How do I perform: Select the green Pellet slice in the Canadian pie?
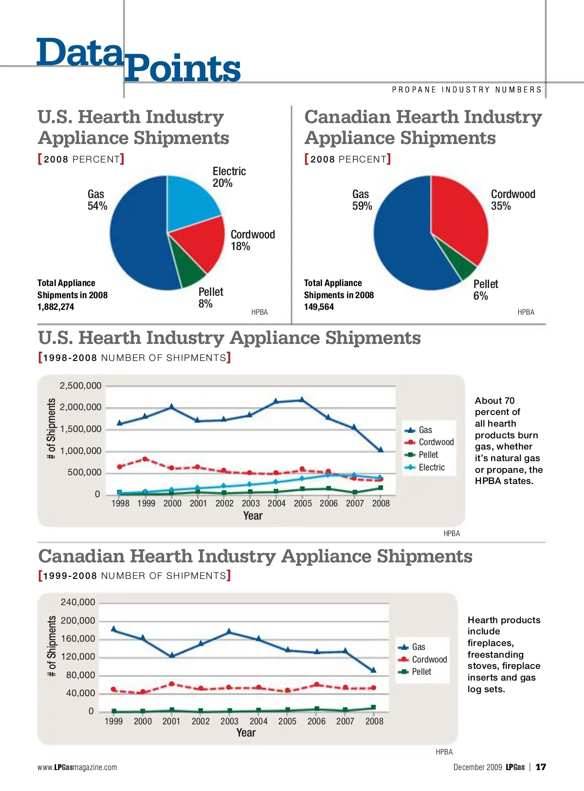(467, 268)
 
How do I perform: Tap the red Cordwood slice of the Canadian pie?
(460, 219)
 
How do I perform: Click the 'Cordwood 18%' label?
(252, 240)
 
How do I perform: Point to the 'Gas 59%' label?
(362, 200)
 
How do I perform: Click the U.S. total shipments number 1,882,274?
(56, 307)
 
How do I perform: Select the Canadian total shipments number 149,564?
(319, 307)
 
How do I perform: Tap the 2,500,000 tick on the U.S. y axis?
(80, 386)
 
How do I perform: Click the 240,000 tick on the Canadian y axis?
(78, 602)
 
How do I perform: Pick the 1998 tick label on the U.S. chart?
(120, 503)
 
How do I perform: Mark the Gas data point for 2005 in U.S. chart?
(302, 399)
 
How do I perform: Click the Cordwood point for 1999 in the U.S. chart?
(145, 459)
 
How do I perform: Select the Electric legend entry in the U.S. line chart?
(431, 467)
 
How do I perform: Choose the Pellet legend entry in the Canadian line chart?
(421, 672)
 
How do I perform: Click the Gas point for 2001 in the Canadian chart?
(172, 655)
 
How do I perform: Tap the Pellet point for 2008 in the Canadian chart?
(373, 707)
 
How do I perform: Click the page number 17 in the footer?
(541, 767)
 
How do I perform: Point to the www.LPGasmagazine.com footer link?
(77, 767)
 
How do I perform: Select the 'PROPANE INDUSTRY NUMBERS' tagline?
(467, 90)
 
